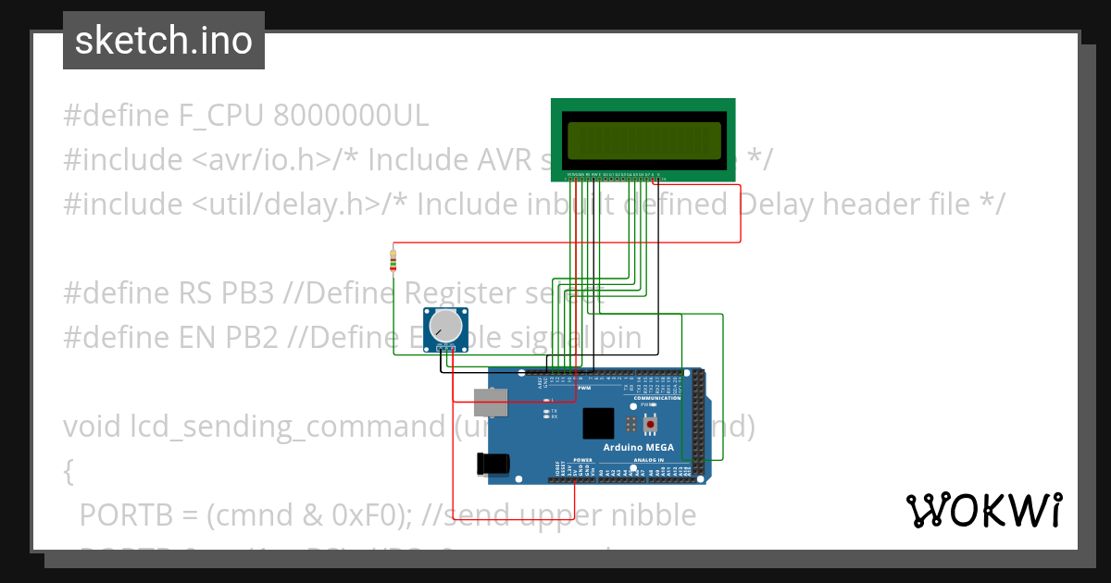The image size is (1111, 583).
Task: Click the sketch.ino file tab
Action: (164, 41)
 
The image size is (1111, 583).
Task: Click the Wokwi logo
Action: (983, 510)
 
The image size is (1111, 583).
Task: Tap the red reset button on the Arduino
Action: (651, 424)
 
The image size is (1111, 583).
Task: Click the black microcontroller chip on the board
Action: (597, 423)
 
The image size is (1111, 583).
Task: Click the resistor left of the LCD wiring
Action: (394, 260)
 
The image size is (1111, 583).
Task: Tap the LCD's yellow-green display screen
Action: (643, 141)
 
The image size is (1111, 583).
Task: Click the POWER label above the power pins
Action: (582, 460)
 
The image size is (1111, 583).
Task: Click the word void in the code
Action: (92, 427)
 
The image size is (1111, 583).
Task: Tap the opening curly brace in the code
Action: (69, 471)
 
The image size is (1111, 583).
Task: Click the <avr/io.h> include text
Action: (262, 159)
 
